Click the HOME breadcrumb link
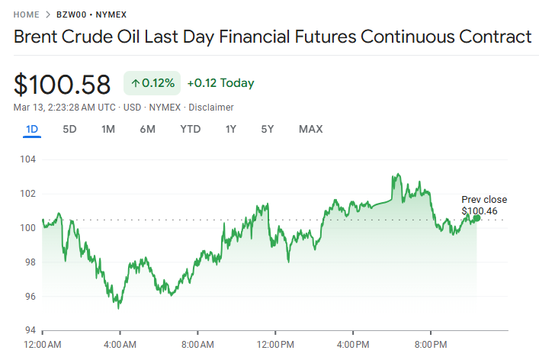click(26, 14)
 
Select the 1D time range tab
click(32, 129)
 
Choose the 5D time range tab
click(69, 129)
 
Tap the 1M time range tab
click(108, 129)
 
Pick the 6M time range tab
click(147, 129)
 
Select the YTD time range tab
click(190, 129)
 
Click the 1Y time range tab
click(230, 129)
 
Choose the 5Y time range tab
click(267, 129)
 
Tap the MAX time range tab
click(310, 129)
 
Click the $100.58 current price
click(63, 84)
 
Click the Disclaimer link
click(212, 108)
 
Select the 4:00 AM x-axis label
click(120, 344)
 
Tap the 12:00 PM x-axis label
click(275, 344)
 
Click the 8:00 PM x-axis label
click(431, 344)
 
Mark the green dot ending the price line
click(476, 218)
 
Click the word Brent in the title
click(37, 37)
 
